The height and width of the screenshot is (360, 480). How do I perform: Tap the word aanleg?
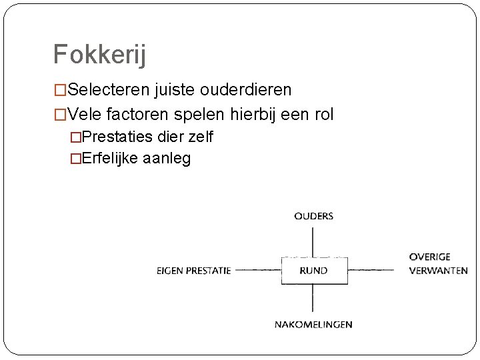[167, 159]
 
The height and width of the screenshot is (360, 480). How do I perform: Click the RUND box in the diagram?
[313, 270]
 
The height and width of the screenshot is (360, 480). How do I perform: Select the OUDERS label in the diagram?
[313, 216]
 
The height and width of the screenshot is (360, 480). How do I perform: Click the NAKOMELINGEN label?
[313, 325]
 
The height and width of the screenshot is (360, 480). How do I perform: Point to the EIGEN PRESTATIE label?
[193, 271]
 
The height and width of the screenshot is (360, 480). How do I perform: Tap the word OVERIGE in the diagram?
[429, 257]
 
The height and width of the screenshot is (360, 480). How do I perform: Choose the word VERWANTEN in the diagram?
[438, 271]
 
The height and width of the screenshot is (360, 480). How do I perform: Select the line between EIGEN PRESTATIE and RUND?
[257, 270]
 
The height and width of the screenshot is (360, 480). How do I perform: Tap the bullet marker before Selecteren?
[60, 90]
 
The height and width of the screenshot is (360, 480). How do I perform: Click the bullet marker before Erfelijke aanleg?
[75, 159]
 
